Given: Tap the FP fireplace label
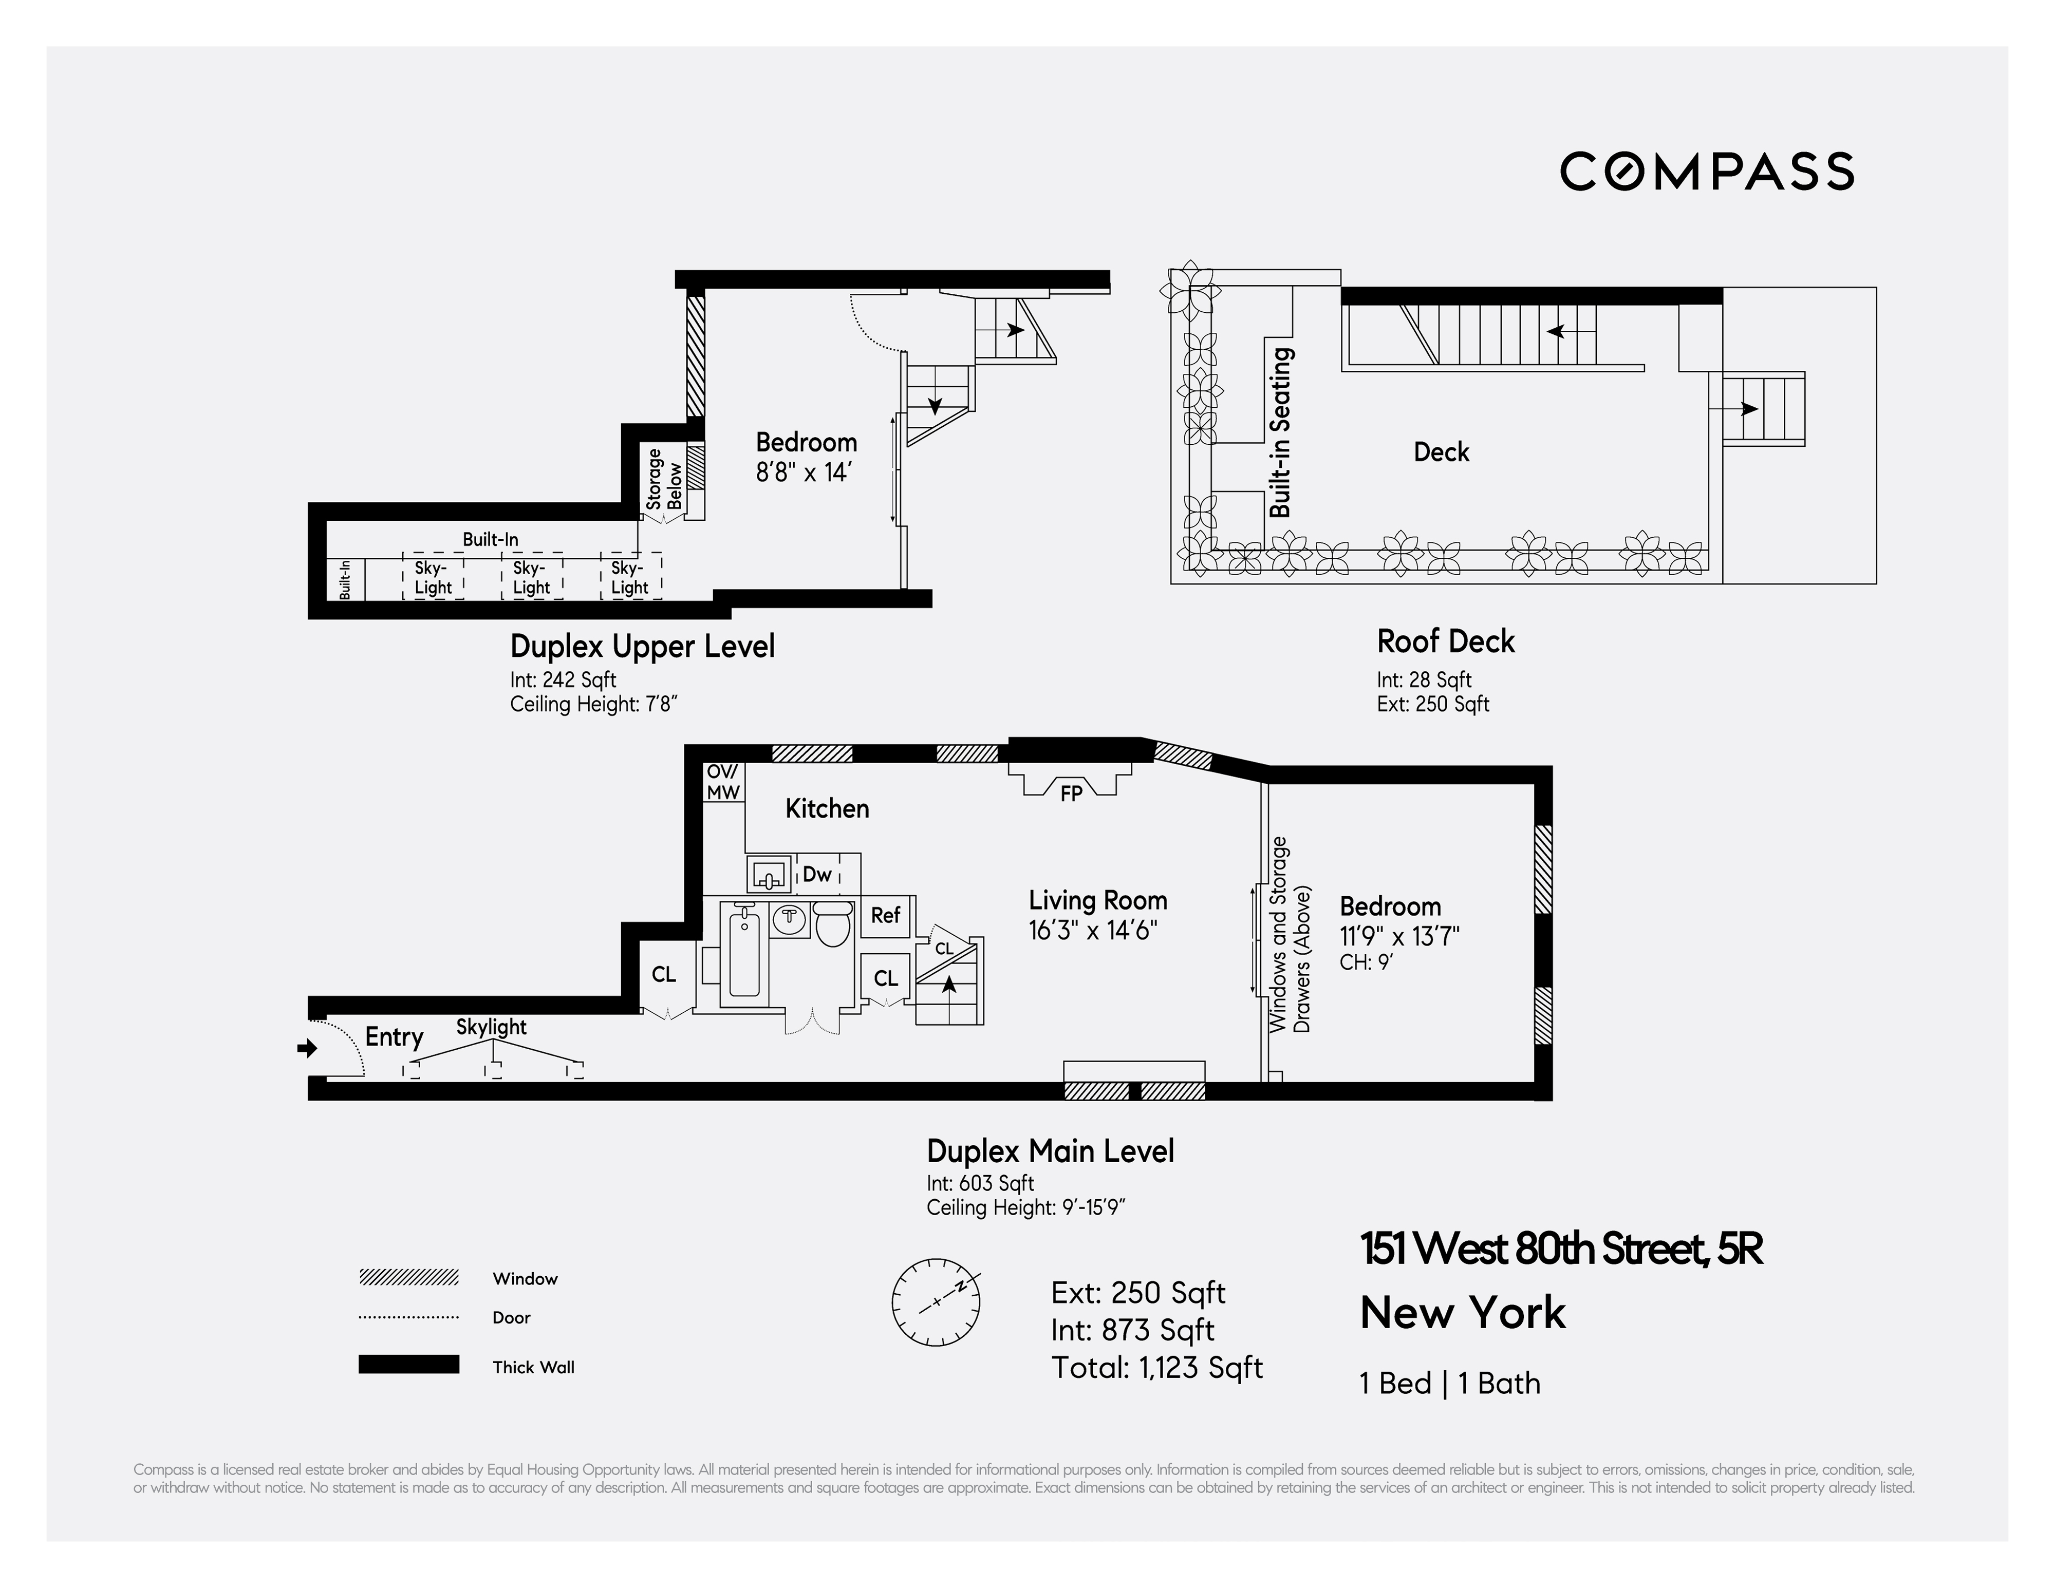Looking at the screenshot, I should click(1070, 793).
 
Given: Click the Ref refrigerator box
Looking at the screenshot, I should click(885, 915).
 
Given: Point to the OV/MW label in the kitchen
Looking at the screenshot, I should click(723, 782).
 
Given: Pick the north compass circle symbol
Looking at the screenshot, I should click(935, 1302).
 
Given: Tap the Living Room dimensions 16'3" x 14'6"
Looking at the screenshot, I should click(1092, 930).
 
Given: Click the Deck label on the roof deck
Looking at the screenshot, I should click(1441, 452).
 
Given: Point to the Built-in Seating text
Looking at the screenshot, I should click(1281, 432).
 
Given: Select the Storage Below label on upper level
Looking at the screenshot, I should click(664, 480).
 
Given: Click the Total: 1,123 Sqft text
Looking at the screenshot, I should click(1157, 1367).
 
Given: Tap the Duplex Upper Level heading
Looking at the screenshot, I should click(642, 646).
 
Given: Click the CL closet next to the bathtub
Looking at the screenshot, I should click(663, 974).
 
